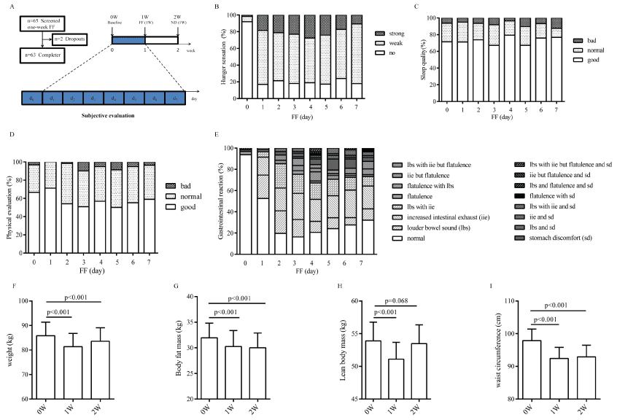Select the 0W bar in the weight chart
point(45,367)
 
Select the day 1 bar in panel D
point(50,199)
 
